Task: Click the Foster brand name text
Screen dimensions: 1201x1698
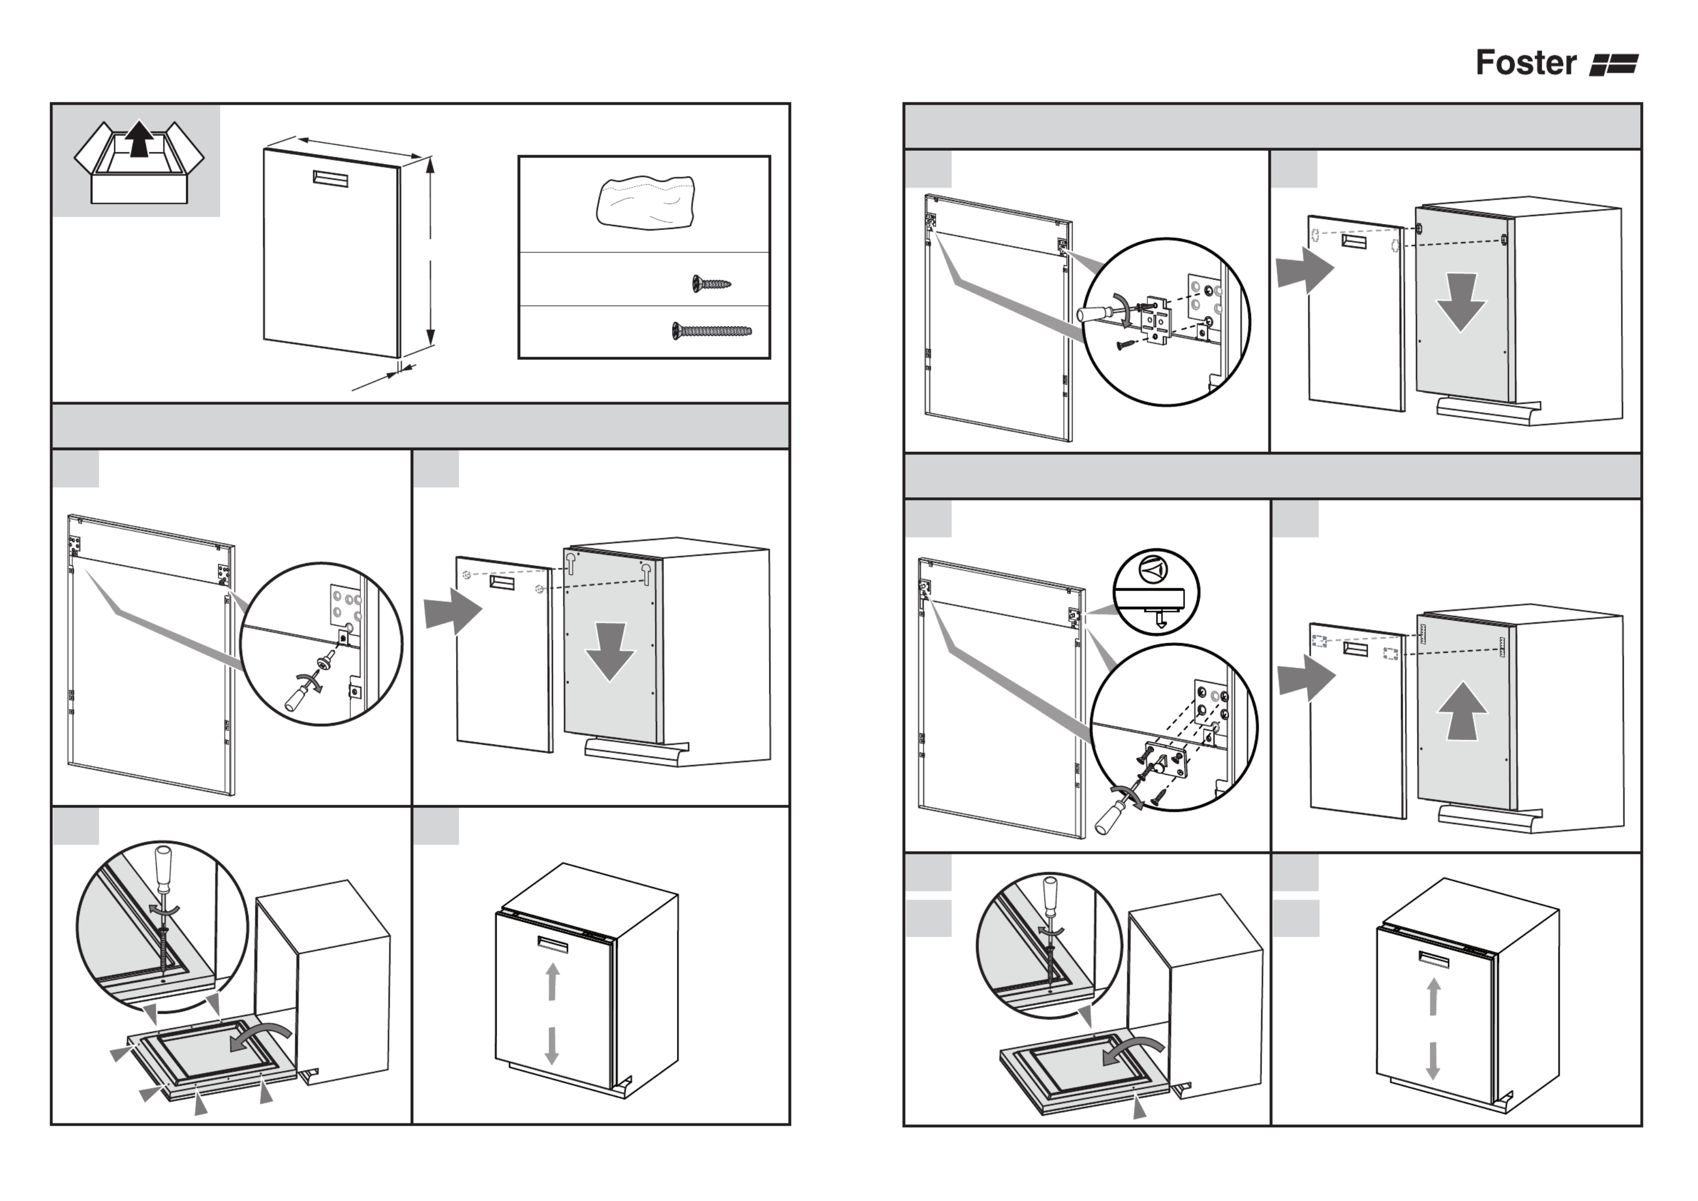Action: point(1526,63)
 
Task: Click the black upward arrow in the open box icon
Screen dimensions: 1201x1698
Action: point(139,140)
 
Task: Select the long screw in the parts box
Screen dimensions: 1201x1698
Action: point(712,330)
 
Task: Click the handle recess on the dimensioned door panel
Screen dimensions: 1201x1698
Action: point(330,178)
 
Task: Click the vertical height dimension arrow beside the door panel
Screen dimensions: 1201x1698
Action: point(430,251)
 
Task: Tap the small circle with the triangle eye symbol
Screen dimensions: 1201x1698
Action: point(1153,569)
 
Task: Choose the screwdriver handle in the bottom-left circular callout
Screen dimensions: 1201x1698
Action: point(164,864)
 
